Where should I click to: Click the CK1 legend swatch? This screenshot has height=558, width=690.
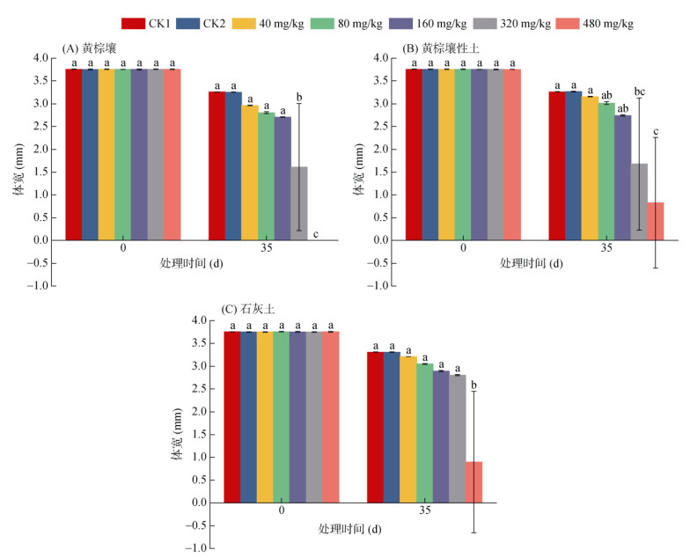[134, 24]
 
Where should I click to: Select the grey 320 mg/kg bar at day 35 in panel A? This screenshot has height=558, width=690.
[299, 202]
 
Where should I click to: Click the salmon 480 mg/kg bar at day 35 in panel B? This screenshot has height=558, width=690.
[656, 221]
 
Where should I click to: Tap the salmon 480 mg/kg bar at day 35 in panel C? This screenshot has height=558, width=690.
[474, 481]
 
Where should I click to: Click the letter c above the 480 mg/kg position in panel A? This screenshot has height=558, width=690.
[315, 233]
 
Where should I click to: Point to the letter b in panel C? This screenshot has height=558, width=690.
[474, 385]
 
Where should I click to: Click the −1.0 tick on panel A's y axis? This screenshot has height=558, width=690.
[40, 285]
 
